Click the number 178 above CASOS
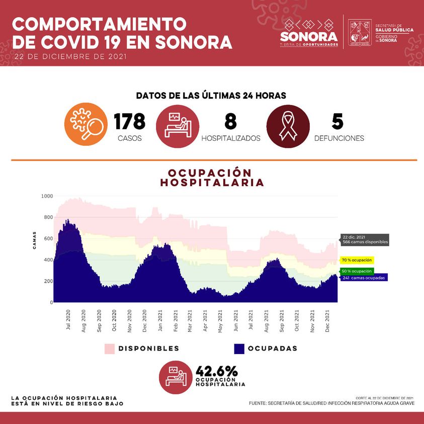(x=129, y=122)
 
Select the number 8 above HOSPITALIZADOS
(x=230, y=122)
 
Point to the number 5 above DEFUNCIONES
(x=337, y=122)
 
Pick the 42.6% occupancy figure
(x=216, y=371)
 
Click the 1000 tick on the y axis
(x=47, y=196)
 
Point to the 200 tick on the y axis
(x=48, y=281)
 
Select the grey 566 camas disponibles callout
(x=364, y=239)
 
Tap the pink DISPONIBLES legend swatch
(x=109, y=349)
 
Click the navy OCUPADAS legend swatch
(x=238, y=349)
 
